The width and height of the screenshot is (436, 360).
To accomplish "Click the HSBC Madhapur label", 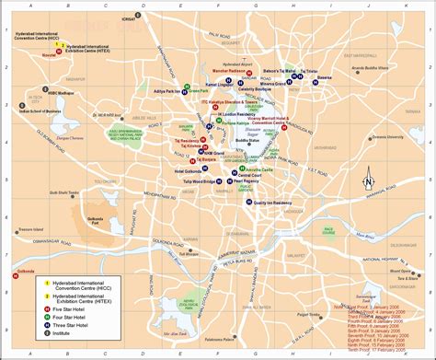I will [x=45, y=93].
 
